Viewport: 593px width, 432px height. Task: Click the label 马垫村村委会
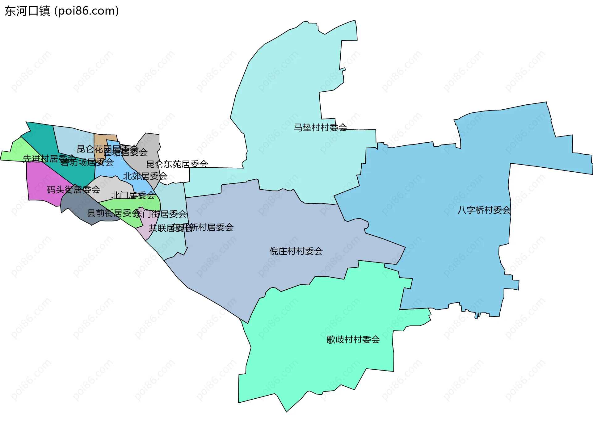pyautogui.click(x=320, y=127)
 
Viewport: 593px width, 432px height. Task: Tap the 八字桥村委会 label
pyautogui.click(x=484, y=210)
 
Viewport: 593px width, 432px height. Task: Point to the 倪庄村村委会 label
pyautogui.click(x=296, y=251)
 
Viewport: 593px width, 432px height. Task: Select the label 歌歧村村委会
pyautogui.click(x=353, y=340)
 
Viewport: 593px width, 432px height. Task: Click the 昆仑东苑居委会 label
pyautogui.click(x=177, y=164)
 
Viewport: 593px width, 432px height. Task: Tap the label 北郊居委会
pyautogui.click(x=145, y=176)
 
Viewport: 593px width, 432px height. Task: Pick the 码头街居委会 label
pyautogui.click(x=74, y=189)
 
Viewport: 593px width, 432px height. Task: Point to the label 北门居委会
pyautogui.click(x=133, y=195)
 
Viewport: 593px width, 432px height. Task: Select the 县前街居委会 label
pyautogui.click(x=114, y=213)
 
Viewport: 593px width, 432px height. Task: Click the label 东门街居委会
pyautogui.click(x=161, y=214)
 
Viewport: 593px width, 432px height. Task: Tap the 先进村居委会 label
pyautogui.click(x=49, y=159)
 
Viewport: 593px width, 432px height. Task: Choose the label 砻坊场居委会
pyautogui.click(x=87, y=162)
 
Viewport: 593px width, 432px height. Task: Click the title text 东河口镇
pyautogui.click(x=27, y=11)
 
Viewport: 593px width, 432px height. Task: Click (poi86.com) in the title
pyautogui.click(x=86, y=11)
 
